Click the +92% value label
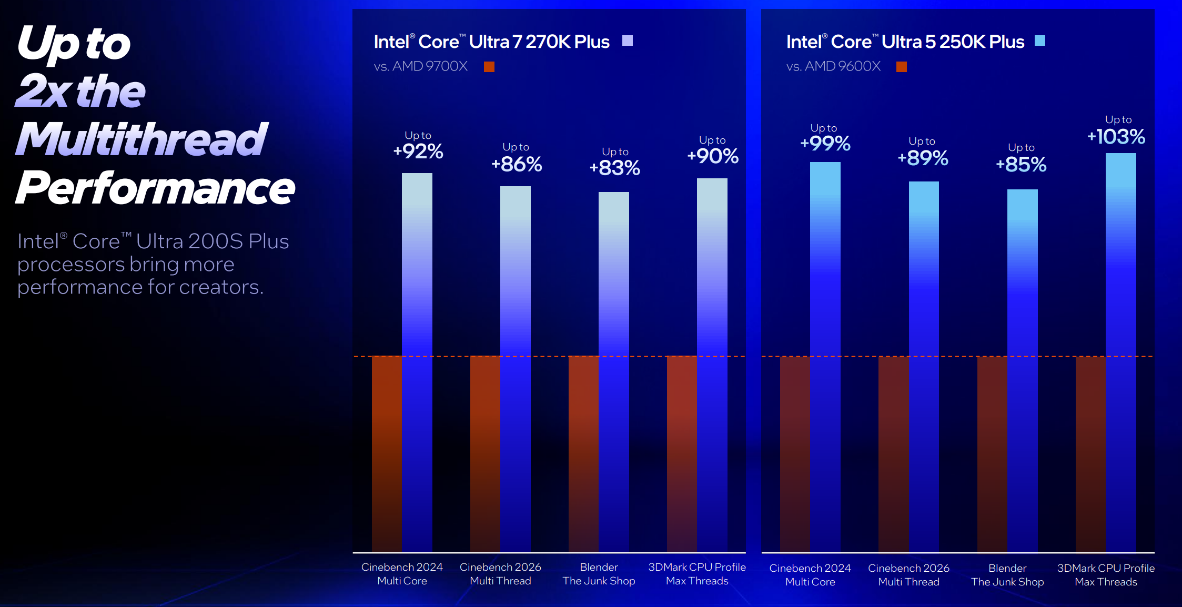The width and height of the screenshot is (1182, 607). tap(418, 151)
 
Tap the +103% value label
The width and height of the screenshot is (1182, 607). tap(1116, 137)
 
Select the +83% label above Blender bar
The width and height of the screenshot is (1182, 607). tap(614, 168)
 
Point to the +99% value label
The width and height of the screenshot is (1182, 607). tap(825, 144)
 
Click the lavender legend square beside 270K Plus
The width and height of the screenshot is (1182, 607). tap(628, 41)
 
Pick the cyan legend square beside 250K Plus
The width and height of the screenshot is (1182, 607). tap(1040, 41)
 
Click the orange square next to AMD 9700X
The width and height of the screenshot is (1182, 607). tap(489, 67)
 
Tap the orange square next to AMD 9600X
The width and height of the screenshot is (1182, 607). tap(902, 67)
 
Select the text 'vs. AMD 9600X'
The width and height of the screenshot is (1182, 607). tap(833, 66)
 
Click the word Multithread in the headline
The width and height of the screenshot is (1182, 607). tap(142, 139)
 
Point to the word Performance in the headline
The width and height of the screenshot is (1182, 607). tap(155, 188)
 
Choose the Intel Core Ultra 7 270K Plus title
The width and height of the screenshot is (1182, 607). tap(491, 42)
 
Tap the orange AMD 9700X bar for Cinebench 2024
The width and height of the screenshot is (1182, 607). tap(387, 452)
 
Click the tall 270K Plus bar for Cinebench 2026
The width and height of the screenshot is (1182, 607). tap(516, 368)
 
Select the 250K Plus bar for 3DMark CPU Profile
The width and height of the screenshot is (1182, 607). tap(1120, 352)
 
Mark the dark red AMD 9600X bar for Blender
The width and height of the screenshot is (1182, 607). tap(992, 452)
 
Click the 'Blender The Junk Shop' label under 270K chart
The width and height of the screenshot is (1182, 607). tap(599, 574)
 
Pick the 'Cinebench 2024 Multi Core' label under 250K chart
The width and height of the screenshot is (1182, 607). tap(810, 575)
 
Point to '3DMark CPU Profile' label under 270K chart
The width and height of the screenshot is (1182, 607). tap(697, 568)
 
